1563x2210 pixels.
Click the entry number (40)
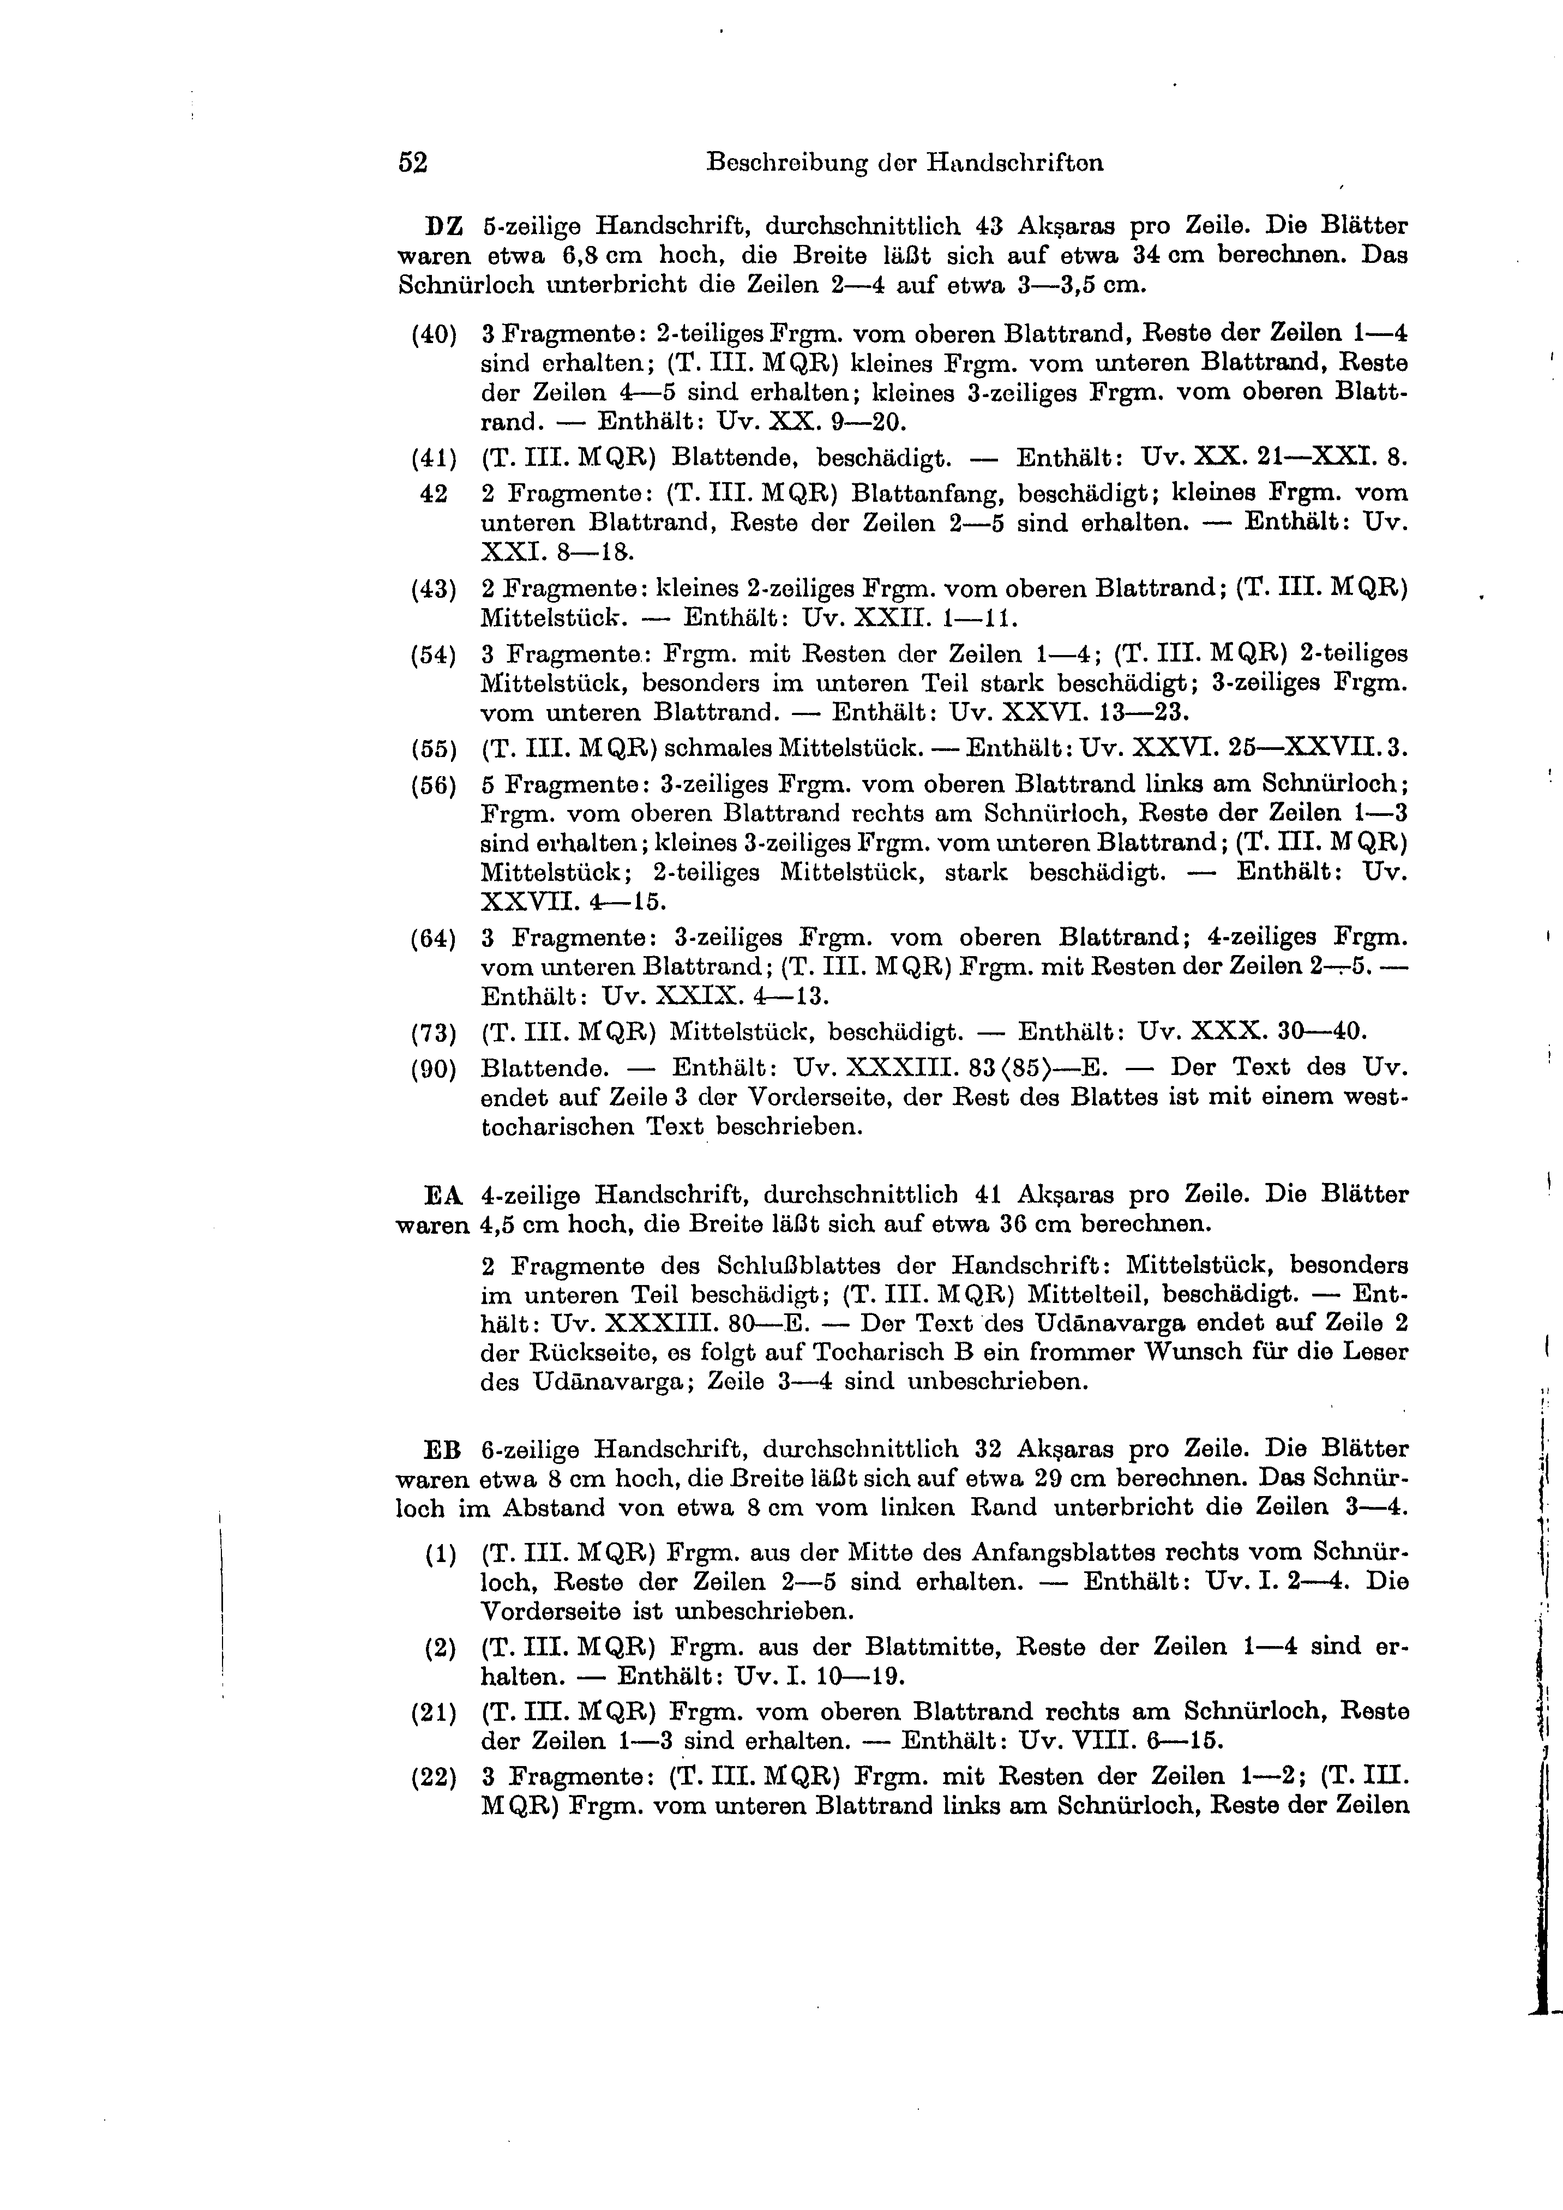click(433, 335)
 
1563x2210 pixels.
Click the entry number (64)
click(433, 939)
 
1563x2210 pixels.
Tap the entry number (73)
click(433, 1034)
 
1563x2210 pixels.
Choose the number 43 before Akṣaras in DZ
click(989, 227)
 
